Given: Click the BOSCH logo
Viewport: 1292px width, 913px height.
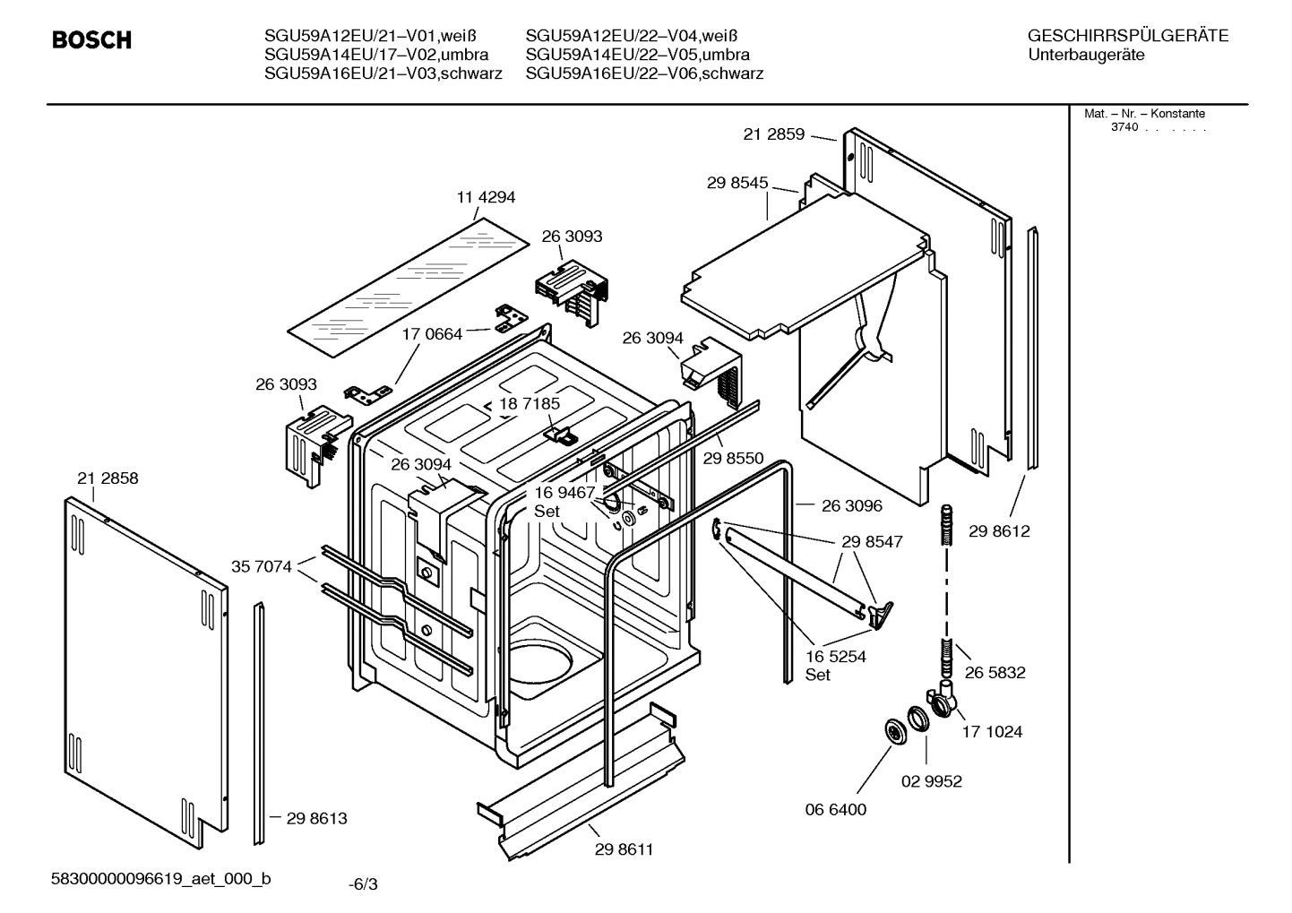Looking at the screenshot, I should click(x=91, y=40).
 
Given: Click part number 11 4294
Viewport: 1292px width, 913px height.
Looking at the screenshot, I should click(x=487, y=197).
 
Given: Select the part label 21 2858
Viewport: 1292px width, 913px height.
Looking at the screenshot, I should click(x=108, y=478).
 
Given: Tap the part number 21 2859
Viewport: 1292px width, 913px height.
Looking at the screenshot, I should click(x=774, y=134).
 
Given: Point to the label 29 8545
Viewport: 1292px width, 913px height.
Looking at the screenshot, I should click(x=737, y=183).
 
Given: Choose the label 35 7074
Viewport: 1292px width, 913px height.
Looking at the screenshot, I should click(x=262, y=566).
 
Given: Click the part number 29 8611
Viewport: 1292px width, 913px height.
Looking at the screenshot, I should click(x=624, y=848).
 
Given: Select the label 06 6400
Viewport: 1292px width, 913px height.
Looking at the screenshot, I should click(x=836, y=809).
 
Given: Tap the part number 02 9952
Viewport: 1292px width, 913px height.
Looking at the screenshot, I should click(x=931, y=781).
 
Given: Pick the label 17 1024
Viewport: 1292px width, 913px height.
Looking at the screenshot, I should click(x=992, y=732).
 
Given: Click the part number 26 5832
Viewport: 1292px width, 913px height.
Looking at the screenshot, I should click(x=995, y=673).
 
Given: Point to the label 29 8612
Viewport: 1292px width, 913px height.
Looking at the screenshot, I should click(x=999, y=531).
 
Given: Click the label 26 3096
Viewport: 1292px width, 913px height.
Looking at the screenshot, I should click(x=851, y=506).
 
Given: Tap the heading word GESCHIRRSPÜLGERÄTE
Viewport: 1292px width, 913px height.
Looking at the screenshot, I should click(x=1127, y=37).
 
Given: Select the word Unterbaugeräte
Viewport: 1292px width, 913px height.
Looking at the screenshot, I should click(x=1087, y=55).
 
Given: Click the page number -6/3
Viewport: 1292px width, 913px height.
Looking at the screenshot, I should click(x=363, y=884).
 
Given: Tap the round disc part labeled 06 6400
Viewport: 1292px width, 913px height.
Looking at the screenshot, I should click(x=893, y=731).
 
